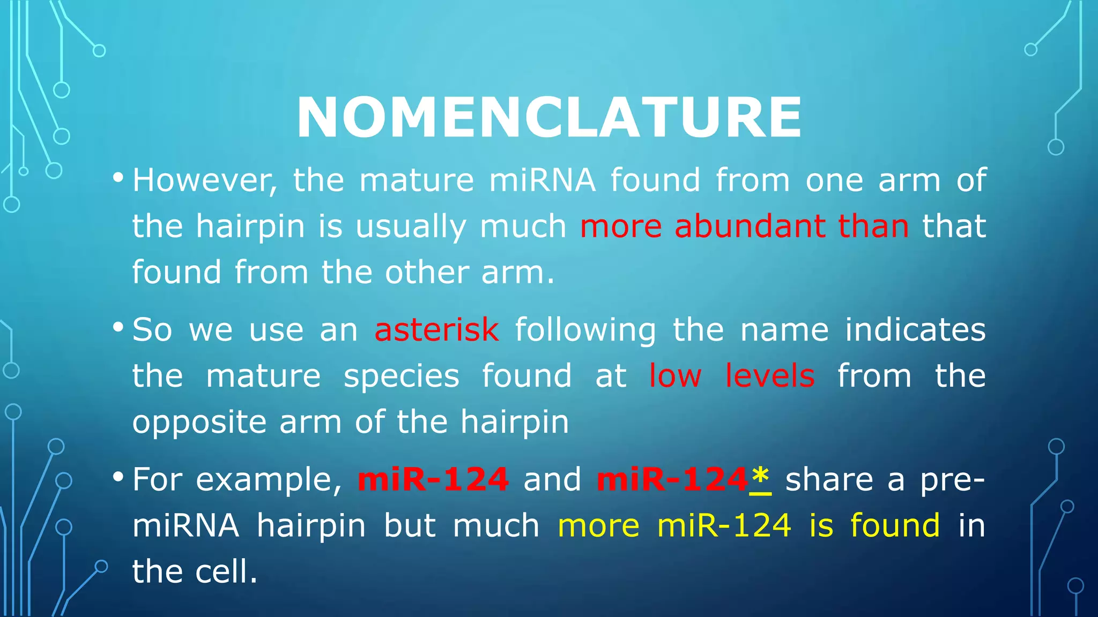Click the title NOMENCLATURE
pyautogui.click(x=548, y=117)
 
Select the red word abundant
pyautogui.click(x=750, y=226)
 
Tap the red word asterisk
pyautogui.click(x=436, y=329)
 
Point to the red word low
pyautogui.click(x=675, y=375)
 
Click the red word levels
pyautogui.click(x=769, y=375)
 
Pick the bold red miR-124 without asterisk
pyautogui.click(x=433, y=479)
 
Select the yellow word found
pyautogui.click(x=895, y=525)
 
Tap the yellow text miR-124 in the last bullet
pyautogui.click(x=724, y=525)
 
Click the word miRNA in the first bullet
pyautogui.click(x=541, y=180)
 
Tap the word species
pyautogui.click(x=401, y=377)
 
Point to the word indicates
pyautogui.click(x=915, y=329)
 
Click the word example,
pyautogui.click(x=269, y=480)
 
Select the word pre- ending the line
pyautogui.click(x=952, y=480)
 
